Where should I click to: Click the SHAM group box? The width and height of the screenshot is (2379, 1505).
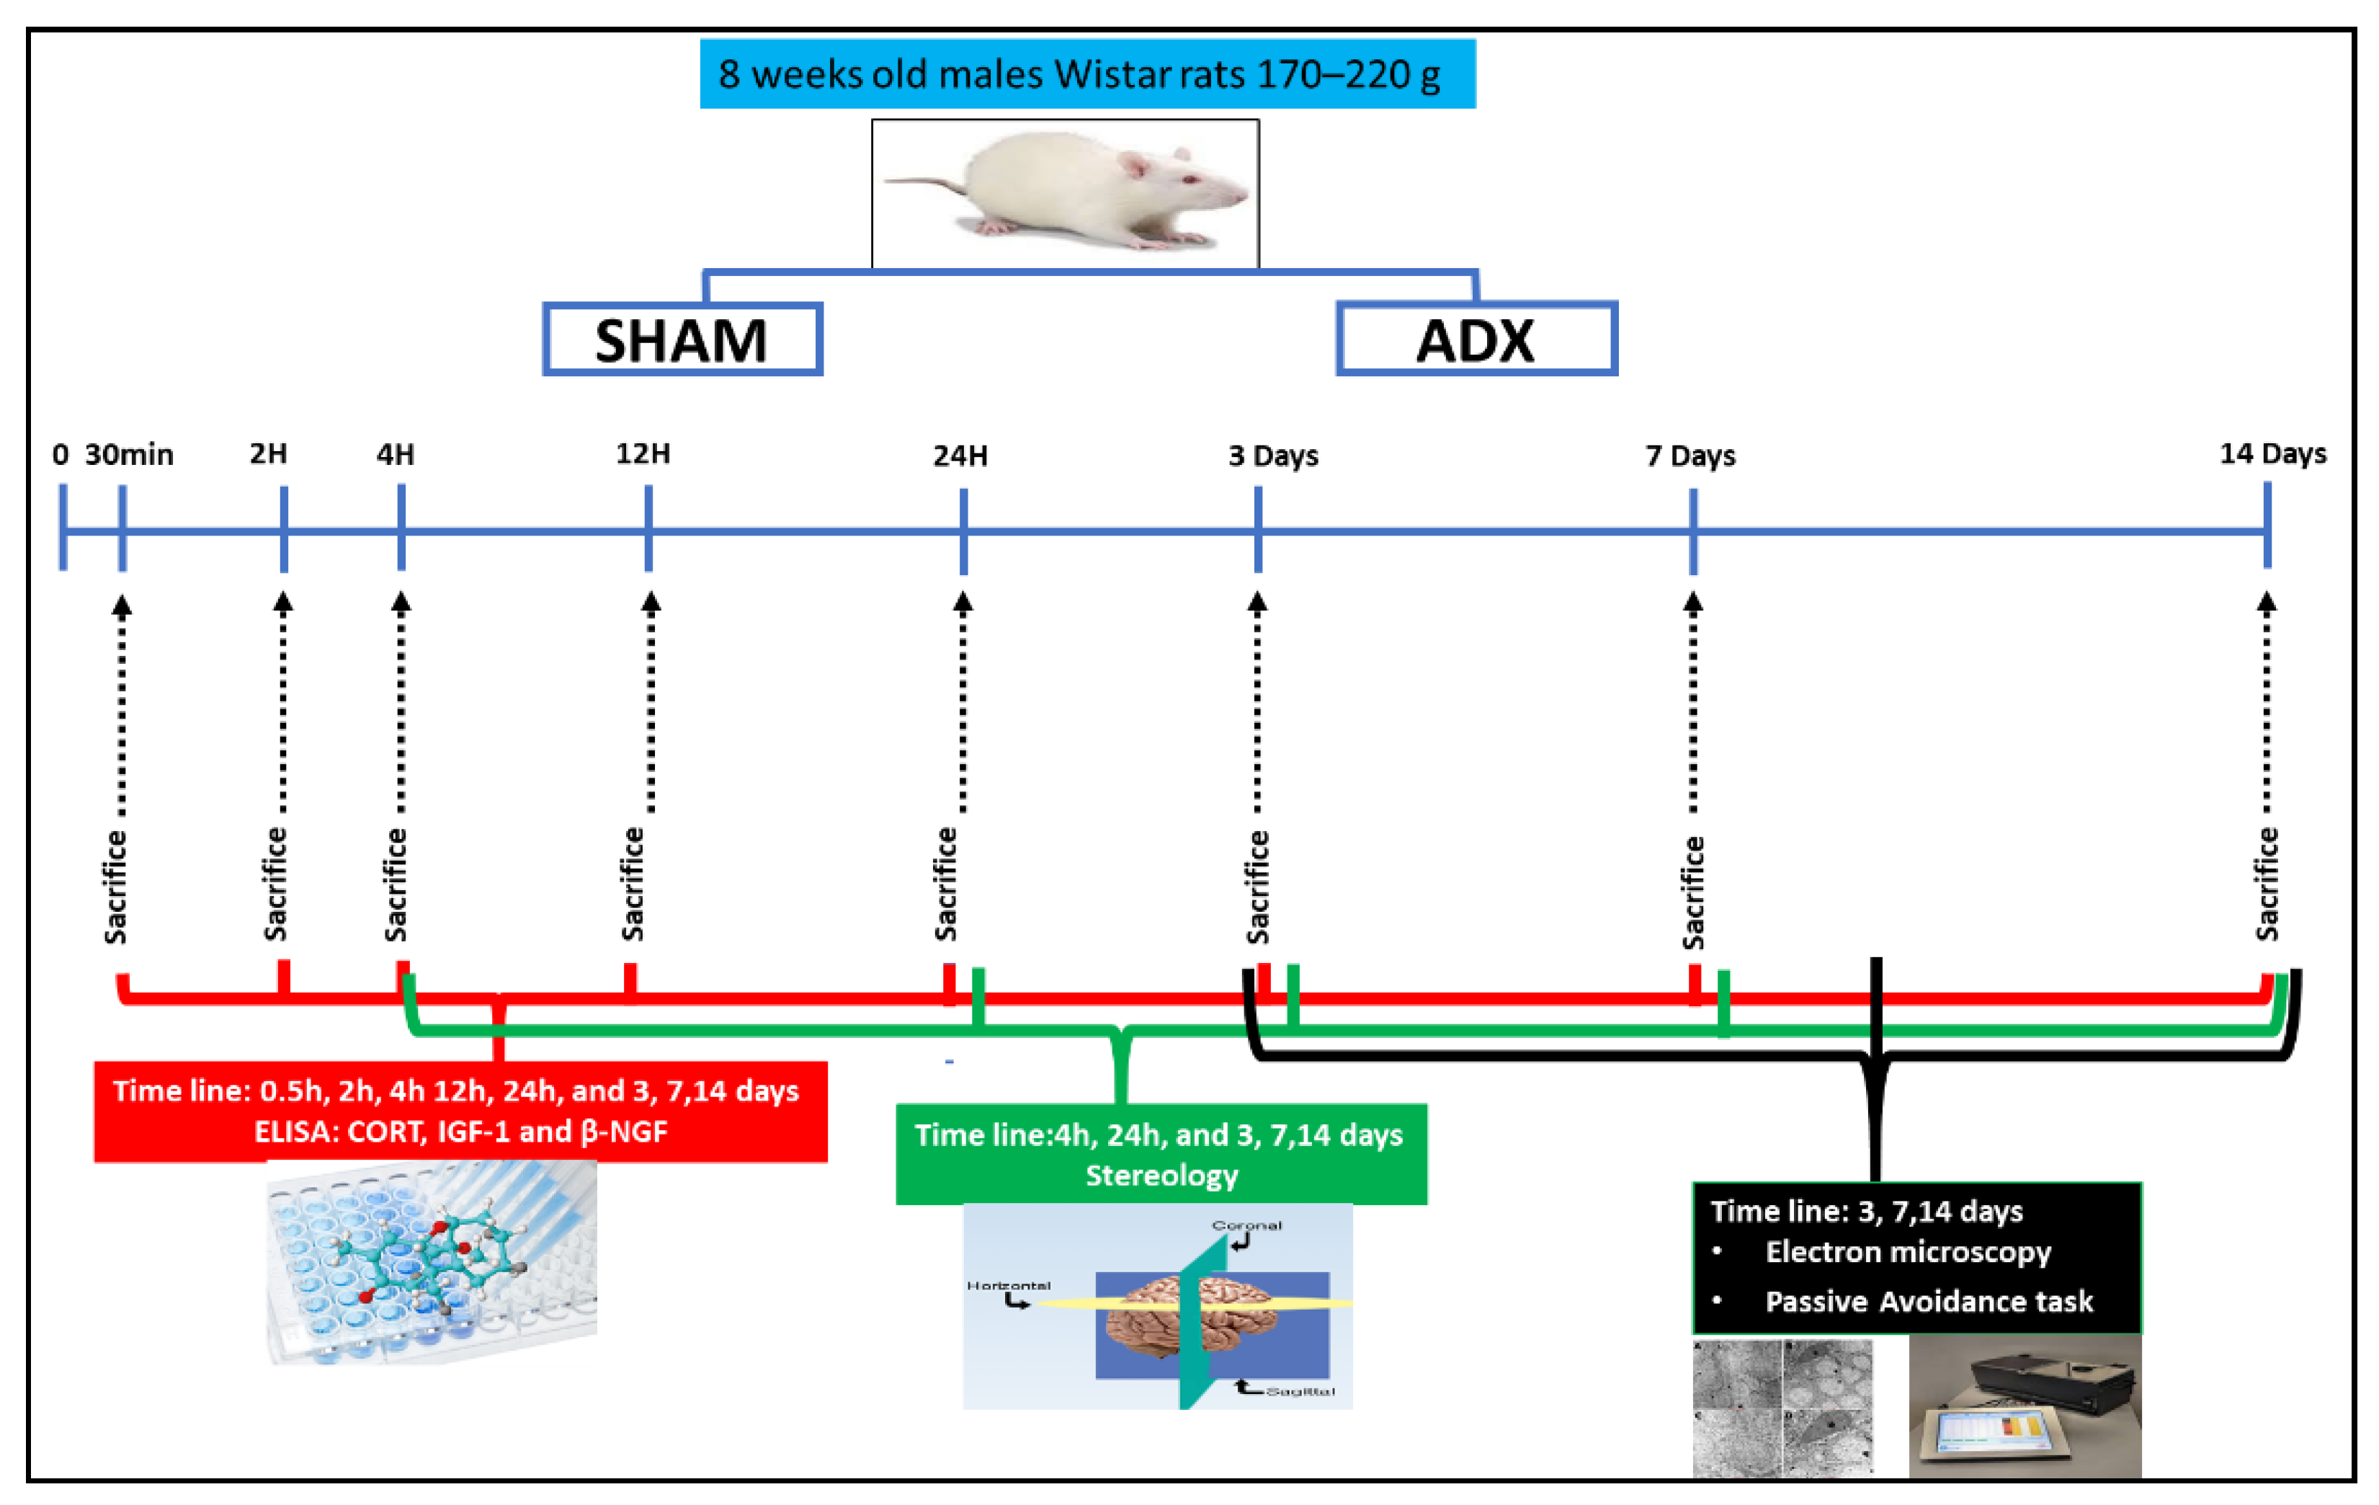(682, 339)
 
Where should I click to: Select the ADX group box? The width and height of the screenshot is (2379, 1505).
(1476, 339)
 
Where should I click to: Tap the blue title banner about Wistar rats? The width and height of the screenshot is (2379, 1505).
(1086, 74)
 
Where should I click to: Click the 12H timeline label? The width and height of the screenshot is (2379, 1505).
(643, 453)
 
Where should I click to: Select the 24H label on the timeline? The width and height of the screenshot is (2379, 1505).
(960, 456)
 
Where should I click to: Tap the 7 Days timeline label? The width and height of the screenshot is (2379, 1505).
(1690, 456)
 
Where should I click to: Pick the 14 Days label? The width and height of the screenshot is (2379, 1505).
(2272, 453)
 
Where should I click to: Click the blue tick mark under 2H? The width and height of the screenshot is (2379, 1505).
(284, 528)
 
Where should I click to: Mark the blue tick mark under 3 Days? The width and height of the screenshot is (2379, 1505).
(1258, 528)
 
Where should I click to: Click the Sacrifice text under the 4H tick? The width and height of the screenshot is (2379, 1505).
(396, 884)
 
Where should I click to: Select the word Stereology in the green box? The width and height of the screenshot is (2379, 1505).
(1162, 1175)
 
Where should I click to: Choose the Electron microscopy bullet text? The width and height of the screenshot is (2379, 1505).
(1908, 1252)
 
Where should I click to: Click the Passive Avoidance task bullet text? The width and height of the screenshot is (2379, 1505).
(1929, 1302)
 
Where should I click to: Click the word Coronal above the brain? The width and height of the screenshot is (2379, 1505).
(1247, 1225)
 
